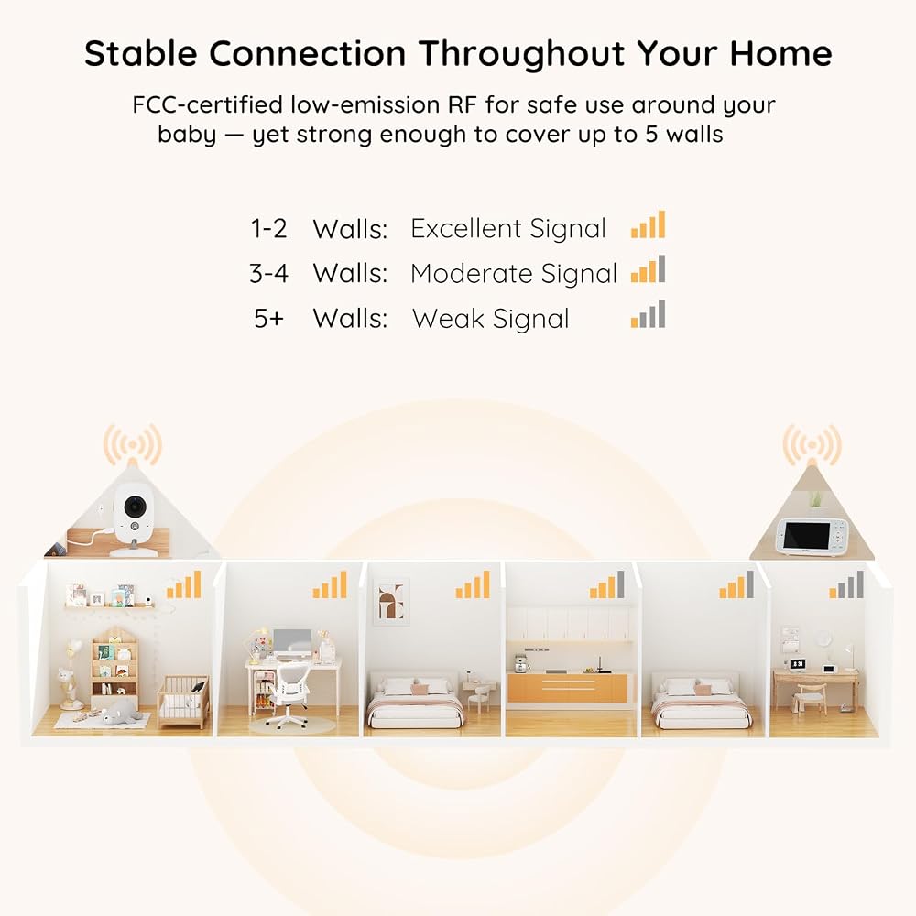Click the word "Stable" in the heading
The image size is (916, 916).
point(141,53)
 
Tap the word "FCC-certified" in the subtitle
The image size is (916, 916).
point(207,104)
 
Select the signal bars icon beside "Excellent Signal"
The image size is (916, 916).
point(648,224)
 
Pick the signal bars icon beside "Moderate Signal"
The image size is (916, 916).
point(648,269)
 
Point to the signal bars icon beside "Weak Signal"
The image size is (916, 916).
point(648,314)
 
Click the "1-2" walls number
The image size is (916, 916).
point(268,228)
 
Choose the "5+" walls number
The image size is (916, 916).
point(268,319)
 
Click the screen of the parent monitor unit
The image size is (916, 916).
point(806,536)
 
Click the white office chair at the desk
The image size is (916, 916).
point(287,697)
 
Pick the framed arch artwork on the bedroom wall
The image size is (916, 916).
point(391,601)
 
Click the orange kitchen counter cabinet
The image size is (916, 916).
point(567,688)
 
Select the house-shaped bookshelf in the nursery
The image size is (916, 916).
point(114,667)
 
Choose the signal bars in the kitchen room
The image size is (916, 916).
point(607,584)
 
